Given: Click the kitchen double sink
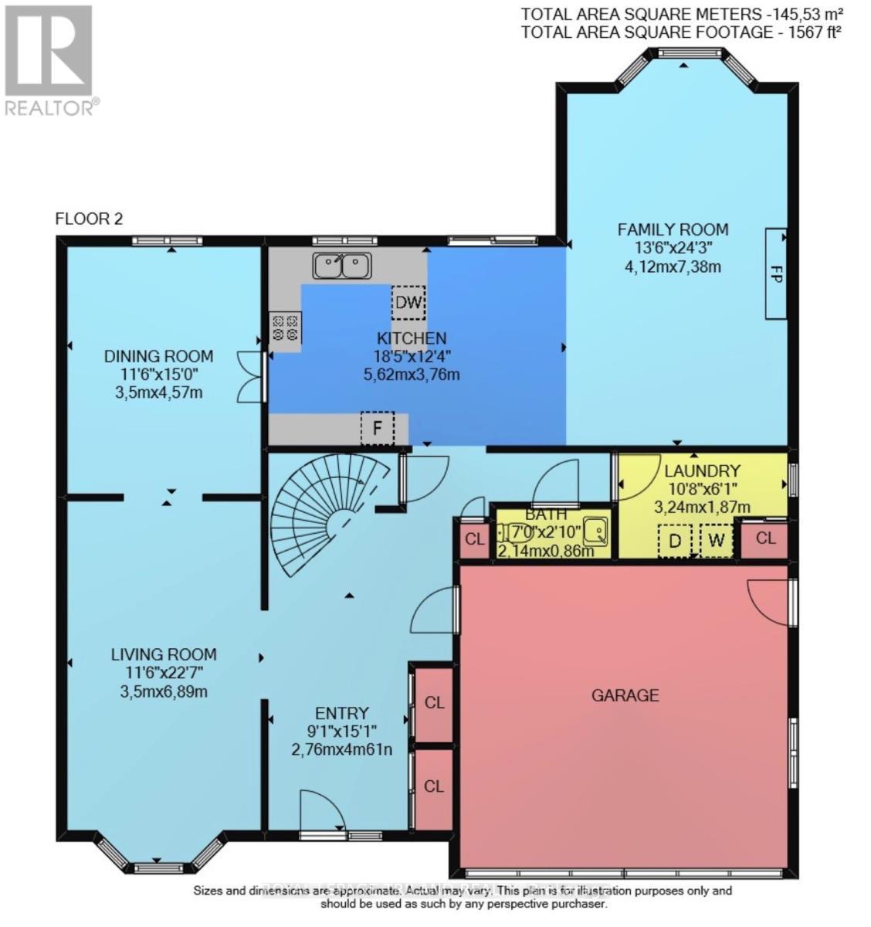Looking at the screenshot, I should [342, 266].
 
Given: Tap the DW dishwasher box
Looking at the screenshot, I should [408, 302].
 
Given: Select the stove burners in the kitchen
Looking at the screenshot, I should [284, 327].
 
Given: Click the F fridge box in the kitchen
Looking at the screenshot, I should [378, 429].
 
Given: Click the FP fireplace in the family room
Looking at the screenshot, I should [776, 273].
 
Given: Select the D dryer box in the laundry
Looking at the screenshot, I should [675, 541].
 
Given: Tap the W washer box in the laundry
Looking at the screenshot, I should [716, 541].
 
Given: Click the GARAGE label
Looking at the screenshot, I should [625, 695].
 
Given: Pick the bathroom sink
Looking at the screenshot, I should [595, 531].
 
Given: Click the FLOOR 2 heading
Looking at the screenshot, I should [89, 219].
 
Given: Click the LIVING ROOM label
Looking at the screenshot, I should [163, 654].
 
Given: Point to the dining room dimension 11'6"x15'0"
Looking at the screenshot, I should [158, 375].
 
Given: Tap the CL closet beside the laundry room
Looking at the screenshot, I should [764, 538].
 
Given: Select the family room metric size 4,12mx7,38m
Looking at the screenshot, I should [673, 267].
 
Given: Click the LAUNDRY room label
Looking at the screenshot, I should [702, 470].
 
